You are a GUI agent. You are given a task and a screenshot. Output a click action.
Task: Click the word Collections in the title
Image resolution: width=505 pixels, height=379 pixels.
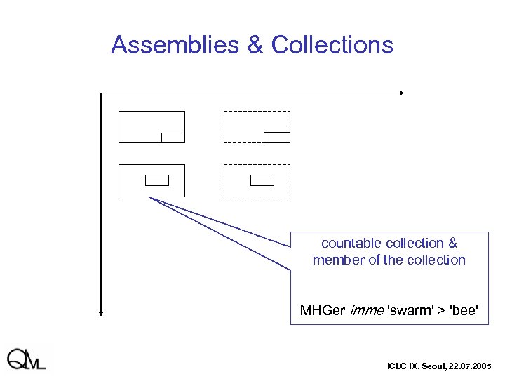coord(332,45)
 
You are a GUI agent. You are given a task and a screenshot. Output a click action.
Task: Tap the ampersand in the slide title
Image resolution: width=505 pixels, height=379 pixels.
coord(255,45)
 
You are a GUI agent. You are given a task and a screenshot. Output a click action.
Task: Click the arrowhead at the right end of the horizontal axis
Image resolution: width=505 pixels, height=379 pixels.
coord(401,93)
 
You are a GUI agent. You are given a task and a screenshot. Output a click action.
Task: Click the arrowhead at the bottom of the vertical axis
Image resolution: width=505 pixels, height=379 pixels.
coord(102,313)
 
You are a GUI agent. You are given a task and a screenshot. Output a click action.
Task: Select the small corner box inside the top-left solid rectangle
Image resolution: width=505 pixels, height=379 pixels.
coord(173,138)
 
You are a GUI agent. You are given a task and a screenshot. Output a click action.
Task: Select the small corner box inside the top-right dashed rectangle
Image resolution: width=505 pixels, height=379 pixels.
coord(277,137)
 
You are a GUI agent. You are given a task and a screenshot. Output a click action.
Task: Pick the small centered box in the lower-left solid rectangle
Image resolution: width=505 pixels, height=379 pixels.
coord(157,180)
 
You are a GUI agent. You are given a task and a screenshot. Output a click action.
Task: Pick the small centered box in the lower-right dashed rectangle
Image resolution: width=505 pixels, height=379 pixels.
coord(262,180)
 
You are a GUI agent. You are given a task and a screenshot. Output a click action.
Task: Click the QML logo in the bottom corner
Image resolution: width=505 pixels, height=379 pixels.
coord(27,359)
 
